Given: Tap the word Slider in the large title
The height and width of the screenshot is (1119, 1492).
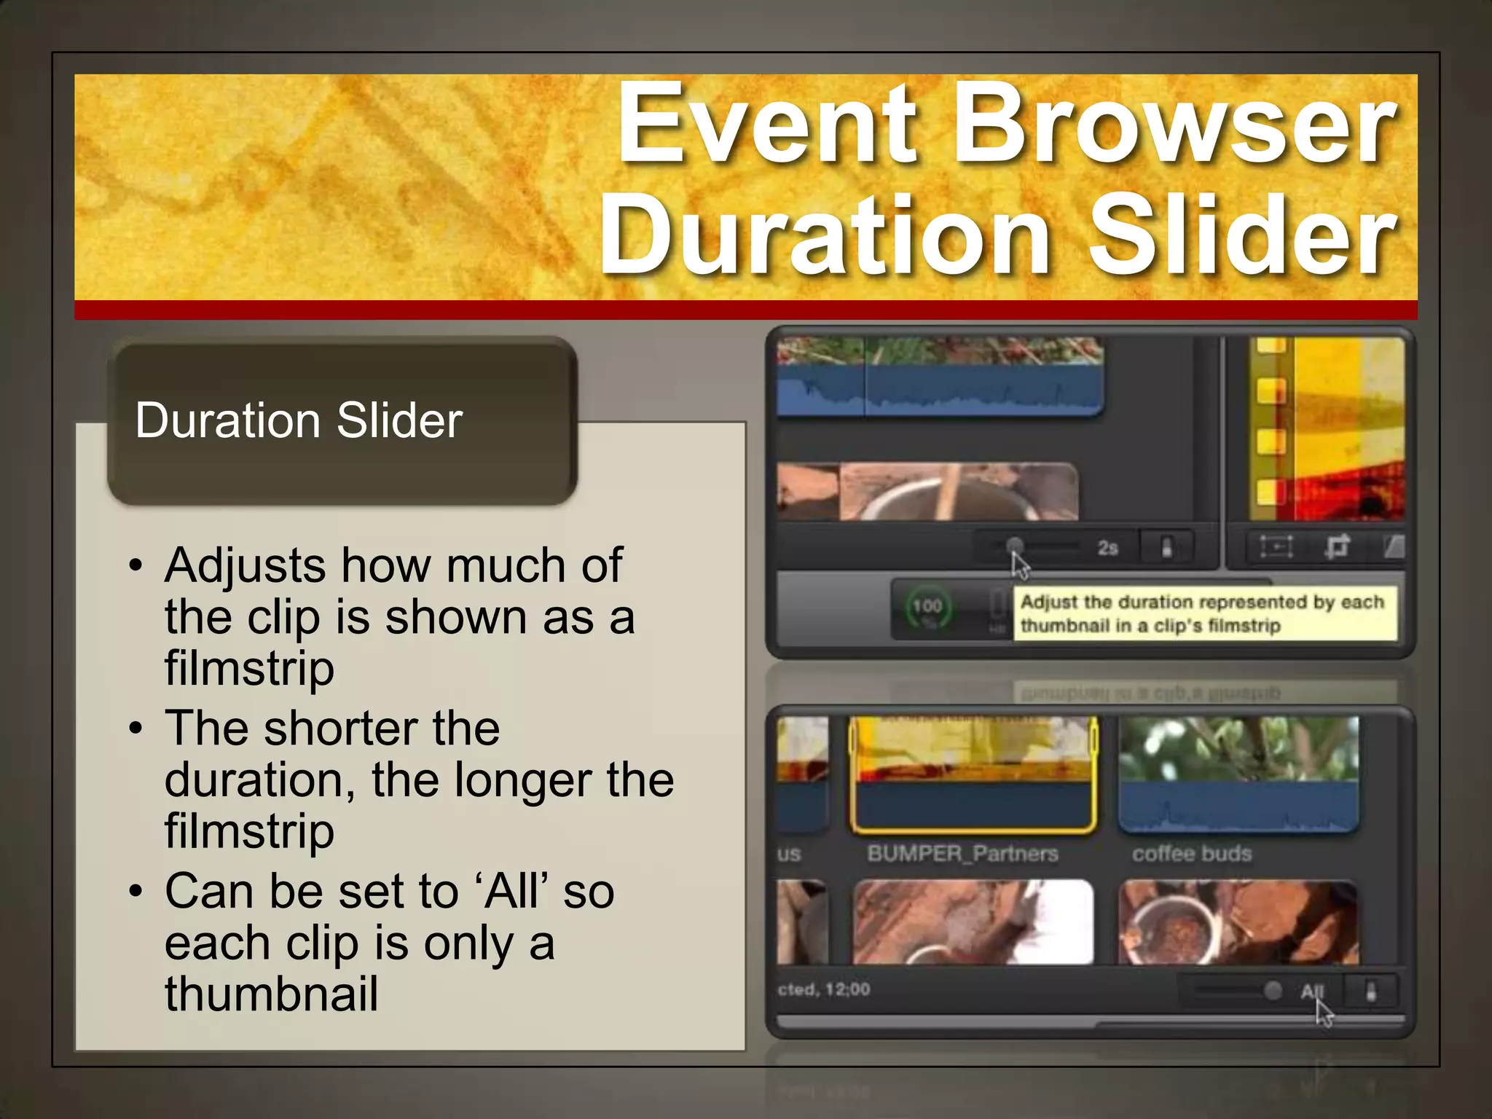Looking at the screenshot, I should click(x=1241, y=237).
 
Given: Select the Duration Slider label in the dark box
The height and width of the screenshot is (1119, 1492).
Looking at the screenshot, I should click(x=299, y=420).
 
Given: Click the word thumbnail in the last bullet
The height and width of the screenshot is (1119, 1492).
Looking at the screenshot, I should click(x=271, y=994).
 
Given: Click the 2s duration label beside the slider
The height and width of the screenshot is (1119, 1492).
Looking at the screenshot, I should click(x=1107, y=548).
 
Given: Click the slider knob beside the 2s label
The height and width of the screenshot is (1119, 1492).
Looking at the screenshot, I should click(x=1014, y=546).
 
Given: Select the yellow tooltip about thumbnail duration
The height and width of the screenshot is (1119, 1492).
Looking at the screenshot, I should click(x=1205, y=613).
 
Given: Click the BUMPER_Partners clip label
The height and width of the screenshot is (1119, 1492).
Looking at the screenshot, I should click(x=962, y=853).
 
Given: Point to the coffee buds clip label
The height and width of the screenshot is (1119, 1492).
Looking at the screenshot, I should click(x=1192, y=853).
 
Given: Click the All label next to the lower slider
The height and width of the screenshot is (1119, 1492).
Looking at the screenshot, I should click(x=1311, y=991).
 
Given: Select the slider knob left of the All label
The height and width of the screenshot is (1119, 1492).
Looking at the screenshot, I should click(x=1273, y=990).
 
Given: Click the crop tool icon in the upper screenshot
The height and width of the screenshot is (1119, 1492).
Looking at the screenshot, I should click(x=1337, y=546).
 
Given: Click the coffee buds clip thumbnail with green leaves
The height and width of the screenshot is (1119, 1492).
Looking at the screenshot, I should click(x=1238, y=772).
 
